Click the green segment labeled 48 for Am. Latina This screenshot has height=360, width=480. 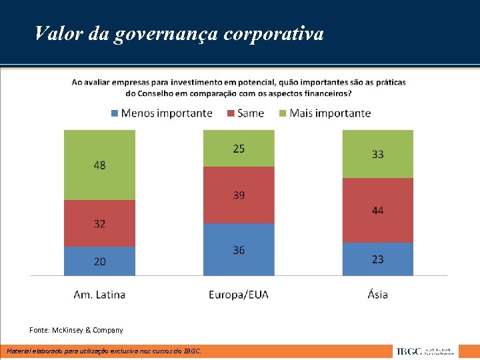(x=99, y=165)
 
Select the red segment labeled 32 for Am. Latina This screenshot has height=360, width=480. (x=99, y=223)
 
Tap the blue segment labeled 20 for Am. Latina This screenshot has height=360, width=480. (x=99, y=261)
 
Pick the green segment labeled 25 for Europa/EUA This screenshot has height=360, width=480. (x=239, y=148)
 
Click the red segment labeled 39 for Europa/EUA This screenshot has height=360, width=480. (x=239, y=194)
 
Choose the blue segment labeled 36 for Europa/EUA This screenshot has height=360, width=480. (x=239, y=249)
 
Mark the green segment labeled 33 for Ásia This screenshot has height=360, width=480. (x=377, y=154)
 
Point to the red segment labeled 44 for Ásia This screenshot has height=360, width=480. (x=377, y=210)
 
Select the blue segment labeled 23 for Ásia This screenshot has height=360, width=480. (x=377, y=259)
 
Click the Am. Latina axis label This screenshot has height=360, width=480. (x=99, y=294)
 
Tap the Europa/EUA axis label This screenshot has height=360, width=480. (x=239, y=294)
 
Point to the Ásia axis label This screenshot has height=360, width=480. (x=377, y=294)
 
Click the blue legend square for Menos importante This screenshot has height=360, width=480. (x=115, y=113)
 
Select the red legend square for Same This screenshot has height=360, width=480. (x=231, y=113)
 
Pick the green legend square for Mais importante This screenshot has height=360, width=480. (x=283, y=113)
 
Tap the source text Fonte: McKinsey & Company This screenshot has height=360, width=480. (x=76, y=330)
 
